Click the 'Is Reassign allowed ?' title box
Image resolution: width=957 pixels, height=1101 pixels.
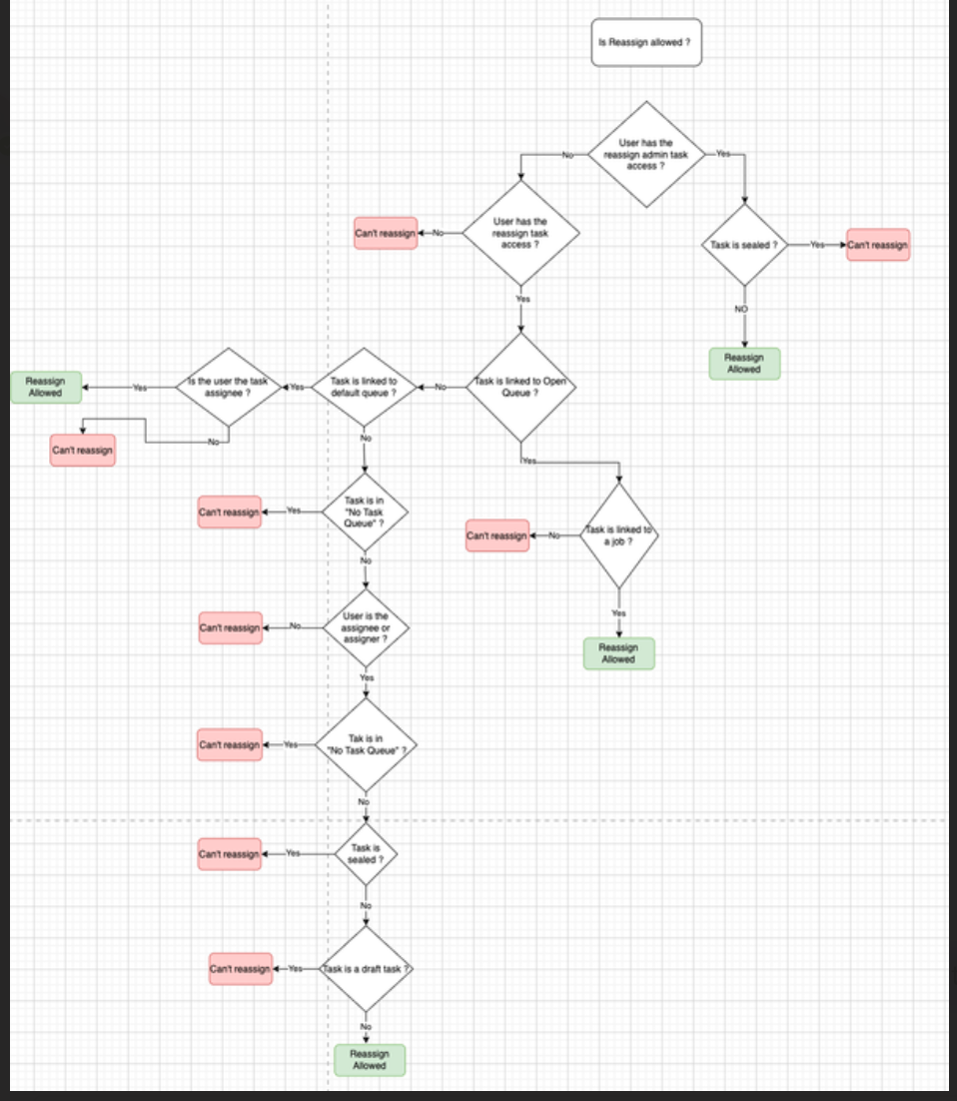[x=646, y=42]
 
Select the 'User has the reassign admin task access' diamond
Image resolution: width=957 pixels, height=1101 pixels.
[x=646, y=155]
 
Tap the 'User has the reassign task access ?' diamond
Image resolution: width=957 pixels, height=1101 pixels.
[x=520, y=233]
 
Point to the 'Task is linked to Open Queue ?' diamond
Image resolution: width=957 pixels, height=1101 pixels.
[x=520, y=387]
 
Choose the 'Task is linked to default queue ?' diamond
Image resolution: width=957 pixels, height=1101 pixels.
[x=364, y=387]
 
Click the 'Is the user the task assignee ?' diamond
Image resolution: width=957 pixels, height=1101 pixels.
[x=229, y=387]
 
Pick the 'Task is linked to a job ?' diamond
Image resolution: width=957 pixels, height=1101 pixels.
[x=618, y=536]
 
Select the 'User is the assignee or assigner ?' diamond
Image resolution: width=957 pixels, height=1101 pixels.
[x=367, y=627]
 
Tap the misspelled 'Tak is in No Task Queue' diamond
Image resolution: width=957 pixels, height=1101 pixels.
[x=366, y=744]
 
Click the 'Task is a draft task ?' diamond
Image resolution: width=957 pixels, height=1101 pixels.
[x=366, y=969]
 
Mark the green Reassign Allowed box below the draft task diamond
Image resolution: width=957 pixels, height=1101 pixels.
[x=369, y=1059]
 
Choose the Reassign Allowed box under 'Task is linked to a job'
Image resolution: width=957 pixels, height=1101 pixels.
[x=618, y=653]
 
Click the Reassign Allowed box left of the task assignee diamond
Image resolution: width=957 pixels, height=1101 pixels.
[x=45, y=387]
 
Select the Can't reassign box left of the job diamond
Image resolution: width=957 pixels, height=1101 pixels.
[x=496, y=536]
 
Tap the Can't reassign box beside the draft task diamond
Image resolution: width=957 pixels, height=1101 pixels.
[x=240, y=969]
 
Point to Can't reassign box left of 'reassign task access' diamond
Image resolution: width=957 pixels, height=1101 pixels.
[x=385, y=233]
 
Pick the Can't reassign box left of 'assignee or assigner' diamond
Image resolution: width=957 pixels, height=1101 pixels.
[x=230, y=627]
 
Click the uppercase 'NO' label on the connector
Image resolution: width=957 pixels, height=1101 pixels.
[x=741, y=310]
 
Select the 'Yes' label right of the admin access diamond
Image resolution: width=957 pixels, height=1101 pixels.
[x=723, y=155]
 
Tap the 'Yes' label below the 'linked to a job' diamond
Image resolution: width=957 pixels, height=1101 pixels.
[x=618, y=612]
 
